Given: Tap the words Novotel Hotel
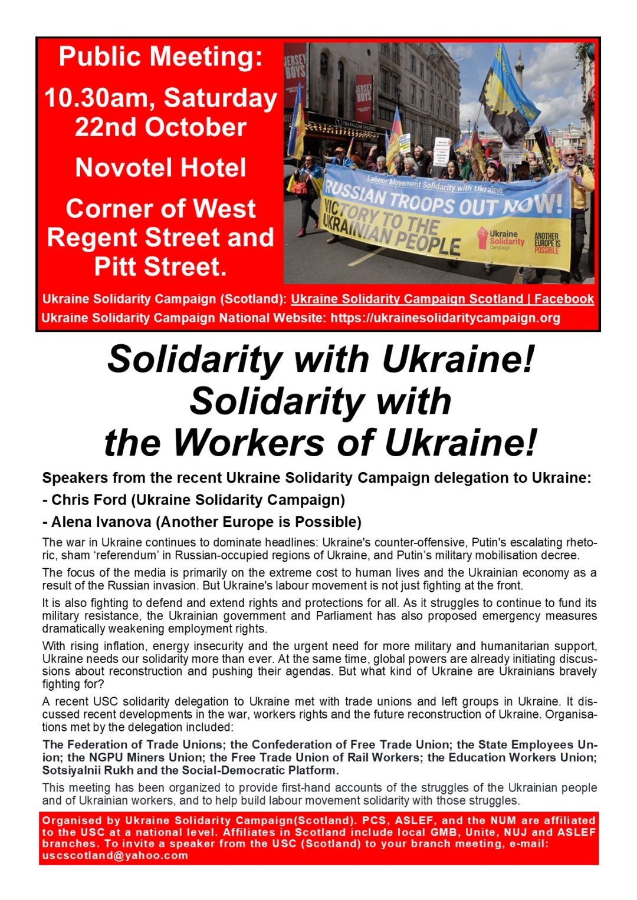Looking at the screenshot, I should tap(160, 168).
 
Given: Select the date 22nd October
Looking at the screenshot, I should tap(160, 127).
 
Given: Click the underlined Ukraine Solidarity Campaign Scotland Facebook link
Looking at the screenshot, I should tap(442, 299).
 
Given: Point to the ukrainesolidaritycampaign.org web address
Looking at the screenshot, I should tap(445, 318).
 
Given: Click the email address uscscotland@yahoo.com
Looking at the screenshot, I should tap(115, 856).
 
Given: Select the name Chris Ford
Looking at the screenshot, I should tap(88, 500).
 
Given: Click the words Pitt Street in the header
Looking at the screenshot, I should tap(160, 267).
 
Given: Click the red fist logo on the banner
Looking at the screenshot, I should tap(482, 237).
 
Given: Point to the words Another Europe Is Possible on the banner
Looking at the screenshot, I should tap(547, 242).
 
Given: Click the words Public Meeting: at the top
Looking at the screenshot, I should tap(160, 57).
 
